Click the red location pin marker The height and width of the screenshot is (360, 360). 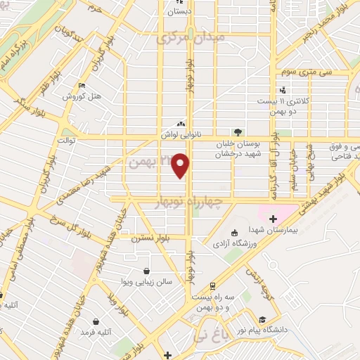tap(181, 165)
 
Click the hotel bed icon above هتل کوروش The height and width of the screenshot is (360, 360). tap(82, 86)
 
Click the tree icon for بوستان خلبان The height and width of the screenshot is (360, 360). tap(238, 131)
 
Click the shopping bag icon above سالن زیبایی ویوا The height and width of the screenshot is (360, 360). tap(146, 271)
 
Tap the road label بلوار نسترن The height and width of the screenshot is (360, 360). tap(154, 237)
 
